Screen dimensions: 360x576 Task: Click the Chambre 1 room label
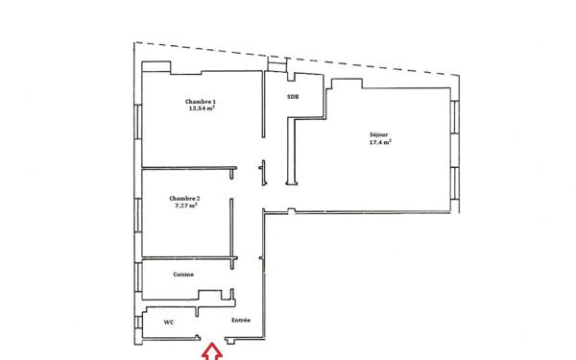(200, 101)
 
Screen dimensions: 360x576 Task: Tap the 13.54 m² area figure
(201, 108)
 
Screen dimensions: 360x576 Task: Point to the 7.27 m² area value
(185, 204)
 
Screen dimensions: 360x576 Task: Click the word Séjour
(378, 134)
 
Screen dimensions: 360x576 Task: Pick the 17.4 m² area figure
(379, 142)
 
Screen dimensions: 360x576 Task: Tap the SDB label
(292, 97)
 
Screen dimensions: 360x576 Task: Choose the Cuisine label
(183, 275)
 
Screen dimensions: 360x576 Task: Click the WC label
(168, 322)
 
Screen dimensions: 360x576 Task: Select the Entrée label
(241, 320)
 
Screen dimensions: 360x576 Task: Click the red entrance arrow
(211, 352)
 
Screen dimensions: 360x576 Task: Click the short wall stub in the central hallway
(261, 172)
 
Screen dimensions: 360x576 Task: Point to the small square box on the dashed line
(277, 64)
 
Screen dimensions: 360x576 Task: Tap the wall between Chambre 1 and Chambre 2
(187, 170)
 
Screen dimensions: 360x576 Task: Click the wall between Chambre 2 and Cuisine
(187, 257)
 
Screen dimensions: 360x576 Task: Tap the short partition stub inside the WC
(192, 312)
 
